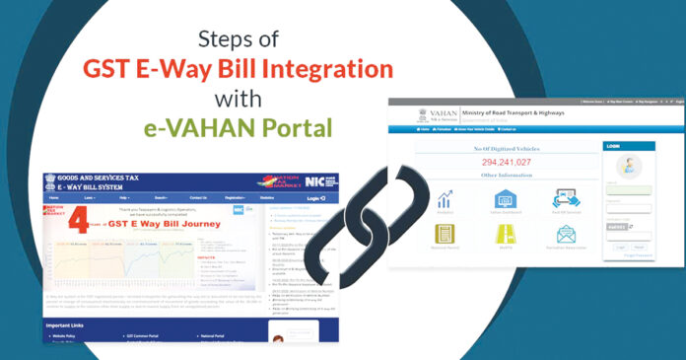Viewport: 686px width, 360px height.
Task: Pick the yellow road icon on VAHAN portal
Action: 506,235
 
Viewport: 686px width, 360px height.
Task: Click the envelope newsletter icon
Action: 566,235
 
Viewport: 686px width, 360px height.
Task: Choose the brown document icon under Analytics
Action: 446,235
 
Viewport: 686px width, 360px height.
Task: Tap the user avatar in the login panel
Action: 628,164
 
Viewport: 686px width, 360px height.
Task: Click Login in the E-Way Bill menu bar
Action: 312,198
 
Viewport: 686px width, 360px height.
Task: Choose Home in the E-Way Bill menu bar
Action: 58,198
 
